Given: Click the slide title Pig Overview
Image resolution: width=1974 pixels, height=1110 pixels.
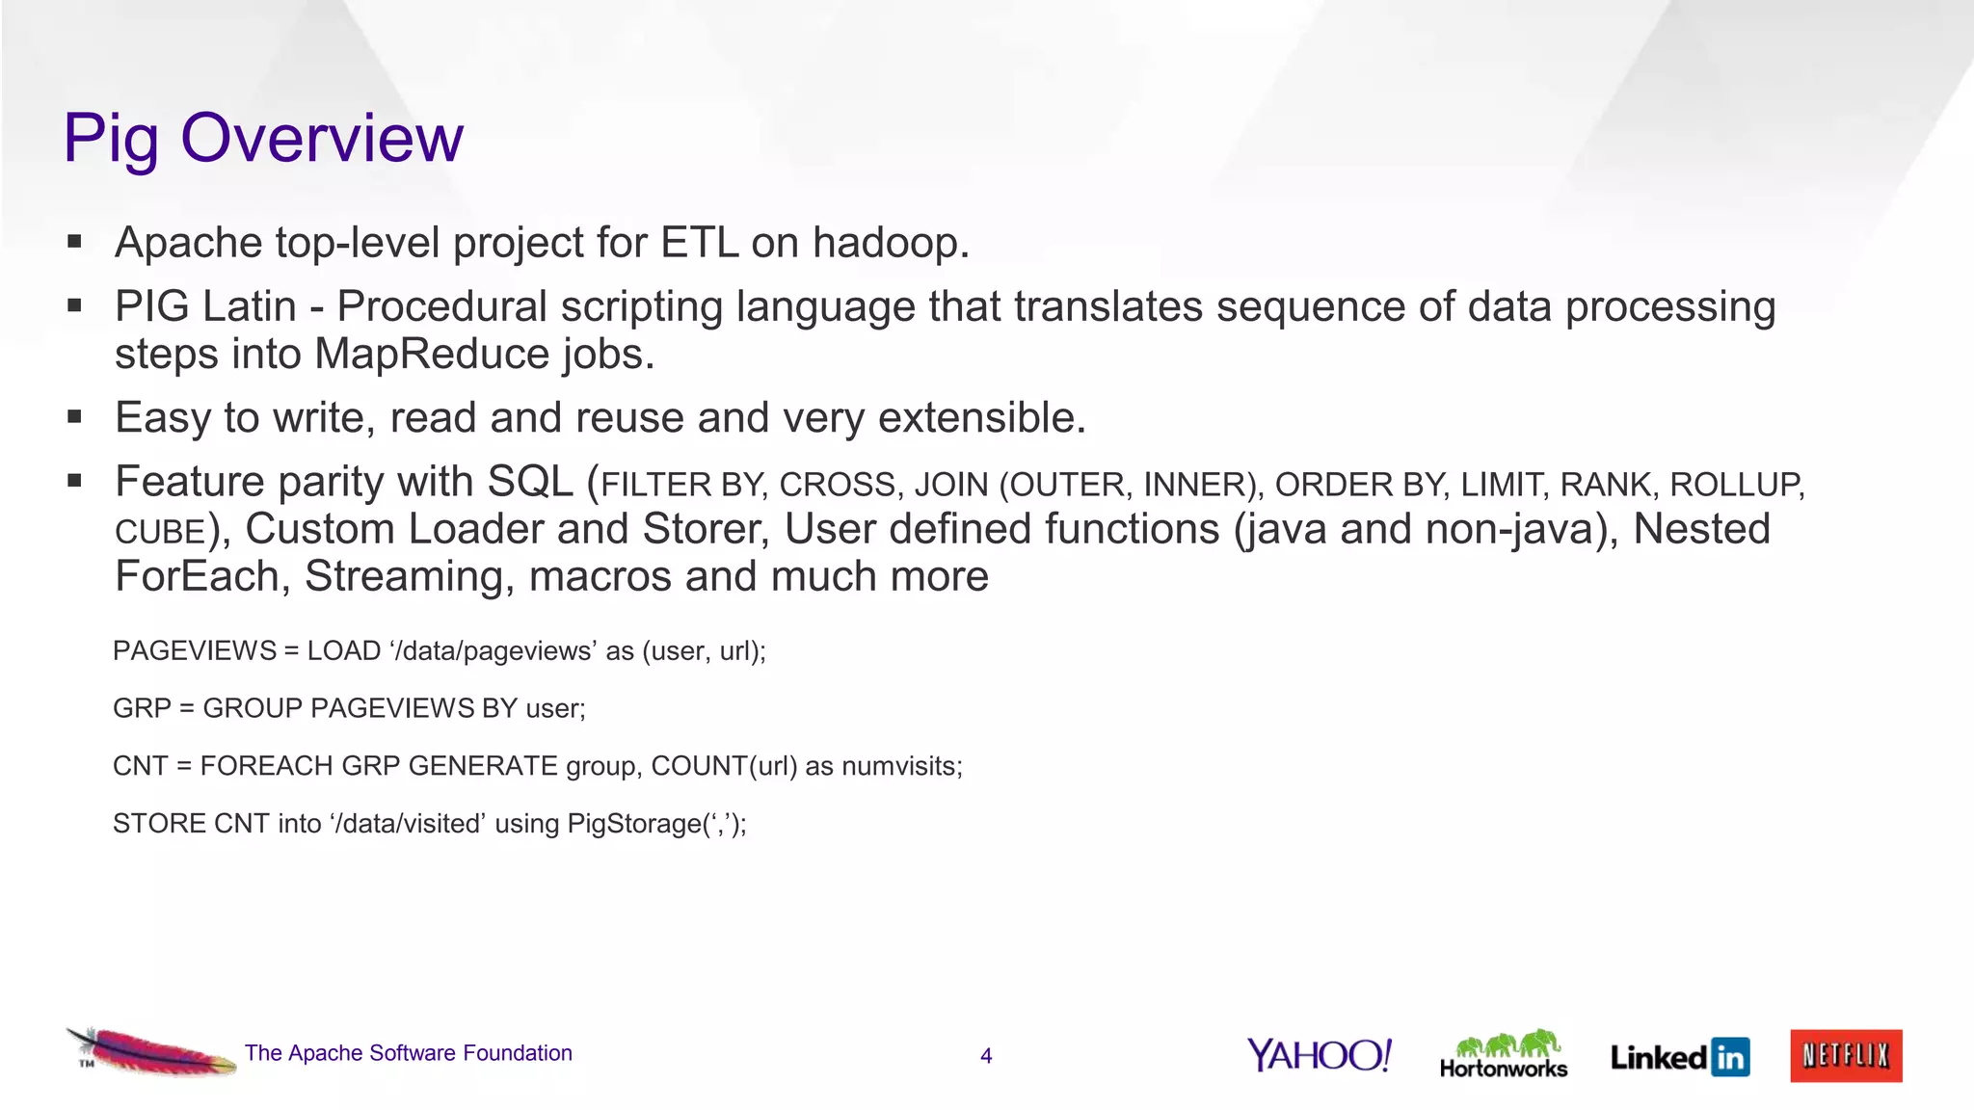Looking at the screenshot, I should tap(263, 138).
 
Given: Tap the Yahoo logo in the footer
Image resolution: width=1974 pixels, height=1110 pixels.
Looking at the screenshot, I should tap(1320, 1055).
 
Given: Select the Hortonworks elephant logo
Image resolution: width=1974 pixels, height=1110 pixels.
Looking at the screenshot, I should tap(1504, 1054).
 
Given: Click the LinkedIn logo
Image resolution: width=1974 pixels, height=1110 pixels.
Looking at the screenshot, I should tap(1680, 1057).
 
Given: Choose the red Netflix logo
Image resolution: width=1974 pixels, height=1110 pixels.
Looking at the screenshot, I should tap(1846, 1056).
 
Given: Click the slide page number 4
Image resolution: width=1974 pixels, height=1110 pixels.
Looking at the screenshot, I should tap(986, 1056).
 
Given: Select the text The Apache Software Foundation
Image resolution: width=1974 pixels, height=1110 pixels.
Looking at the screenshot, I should tap(409, 1053).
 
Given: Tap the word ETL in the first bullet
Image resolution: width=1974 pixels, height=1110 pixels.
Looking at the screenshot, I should tap(700, 243).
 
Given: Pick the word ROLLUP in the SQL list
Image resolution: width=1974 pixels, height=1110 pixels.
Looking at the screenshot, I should tap(1735, 485).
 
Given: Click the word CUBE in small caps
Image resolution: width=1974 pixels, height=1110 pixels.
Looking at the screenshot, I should tap(160, 532).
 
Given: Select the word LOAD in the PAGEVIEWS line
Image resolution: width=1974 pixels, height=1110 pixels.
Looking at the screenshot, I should tap(344, 651).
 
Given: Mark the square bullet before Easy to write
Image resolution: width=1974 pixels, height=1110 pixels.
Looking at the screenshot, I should tap(75, 418).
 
